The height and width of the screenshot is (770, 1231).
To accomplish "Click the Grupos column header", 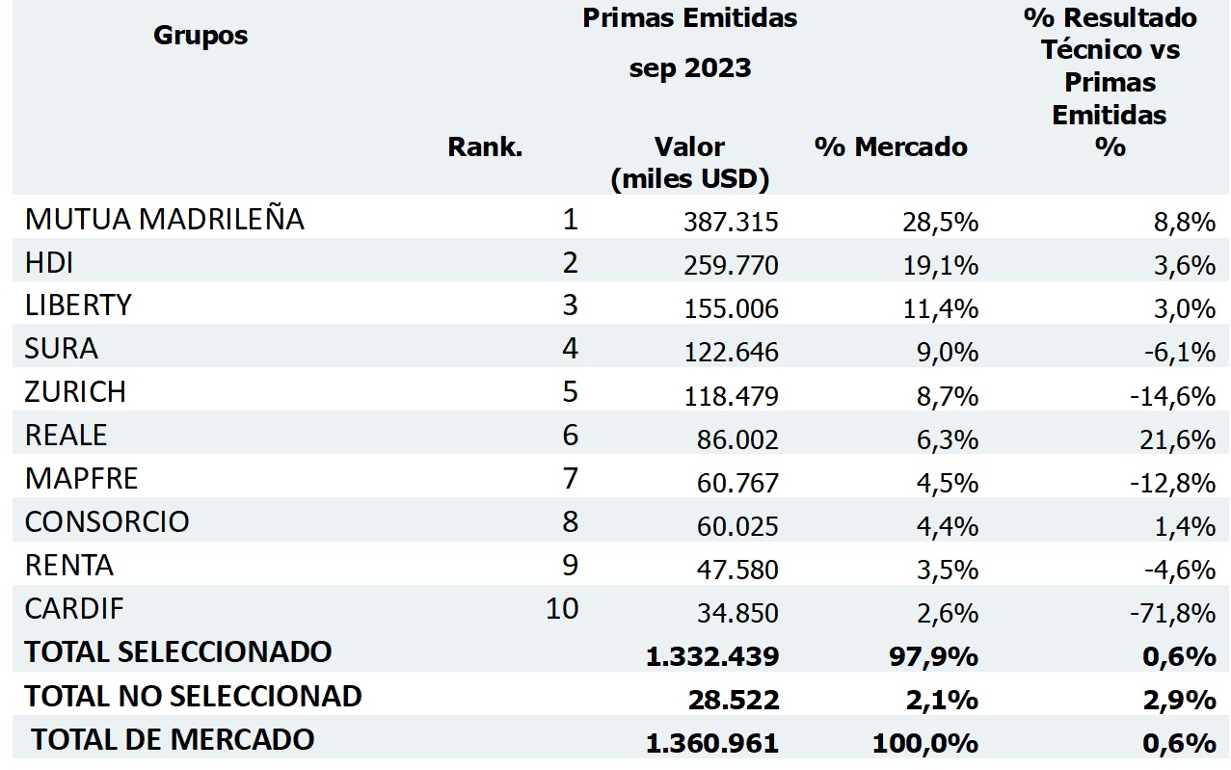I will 201,36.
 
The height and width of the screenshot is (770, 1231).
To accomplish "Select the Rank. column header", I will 485,147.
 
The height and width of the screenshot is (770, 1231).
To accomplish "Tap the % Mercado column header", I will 891,146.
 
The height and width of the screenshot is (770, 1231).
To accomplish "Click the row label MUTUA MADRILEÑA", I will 165,220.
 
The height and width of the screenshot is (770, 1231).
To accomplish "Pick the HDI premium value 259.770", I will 731,265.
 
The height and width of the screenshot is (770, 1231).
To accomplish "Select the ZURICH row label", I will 75,392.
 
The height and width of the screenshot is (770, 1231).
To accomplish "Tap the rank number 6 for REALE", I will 570,436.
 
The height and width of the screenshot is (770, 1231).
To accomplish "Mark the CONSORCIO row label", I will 107,522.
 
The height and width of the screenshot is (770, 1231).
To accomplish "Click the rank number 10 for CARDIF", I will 561,609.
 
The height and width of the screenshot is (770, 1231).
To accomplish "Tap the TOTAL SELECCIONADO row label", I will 178,652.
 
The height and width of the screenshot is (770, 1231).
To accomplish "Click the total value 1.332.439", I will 712,657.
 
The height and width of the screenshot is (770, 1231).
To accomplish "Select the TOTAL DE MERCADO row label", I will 173,740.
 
